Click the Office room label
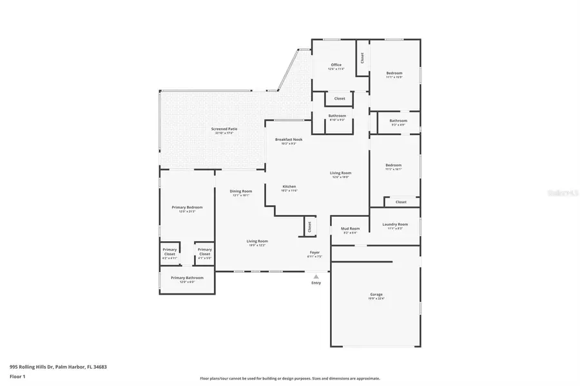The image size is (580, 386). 336,65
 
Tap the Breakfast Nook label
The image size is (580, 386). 289,140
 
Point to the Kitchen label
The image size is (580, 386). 289,187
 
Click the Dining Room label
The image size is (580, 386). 241,191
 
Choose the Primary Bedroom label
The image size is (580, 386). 187,207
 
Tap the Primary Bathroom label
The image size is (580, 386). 187,278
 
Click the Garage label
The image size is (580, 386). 376,295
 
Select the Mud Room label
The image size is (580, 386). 350,228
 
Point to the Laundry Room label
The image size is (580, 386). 394,225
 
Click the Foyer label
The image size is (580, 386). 314,252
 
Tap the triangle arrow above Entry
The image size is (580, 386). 316,276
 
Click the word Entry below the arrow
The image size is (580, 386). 316,283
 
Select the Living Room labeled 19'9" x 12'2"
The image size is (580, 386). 256,242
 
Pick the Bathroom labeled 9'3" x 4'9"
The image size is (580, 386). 398,121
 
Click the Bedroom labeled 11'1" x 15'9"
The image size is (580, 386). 394,73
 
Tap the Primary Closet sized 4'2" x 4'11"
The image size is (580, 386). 169,252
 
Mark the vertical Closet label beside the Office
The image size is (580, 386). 362,58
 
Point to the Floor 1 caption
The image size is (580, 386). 17,376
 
